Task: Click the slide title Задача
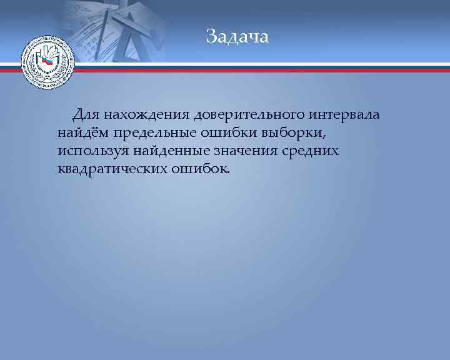pos(237,37)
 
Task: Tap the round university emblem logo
pos(47,64)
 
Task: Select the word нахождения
pos(147,116)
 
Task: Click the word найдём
pos(83,133)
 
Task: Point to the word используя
pos(92,151)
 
